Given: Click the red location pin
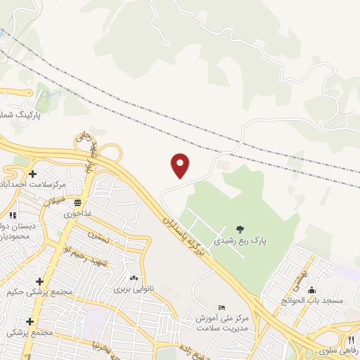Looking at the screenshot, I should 181,165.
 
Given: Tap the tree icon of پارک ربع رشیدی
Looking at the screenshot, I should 240,229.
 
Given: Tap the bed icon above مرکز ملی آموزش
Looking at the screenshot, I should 223,308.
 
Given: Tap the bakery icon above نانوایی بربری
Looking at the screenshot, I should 134,278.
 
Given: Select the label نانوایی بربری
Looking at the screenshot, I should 131,288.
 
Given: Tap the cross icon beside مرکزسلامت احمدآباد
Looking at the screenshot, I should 32,174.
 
